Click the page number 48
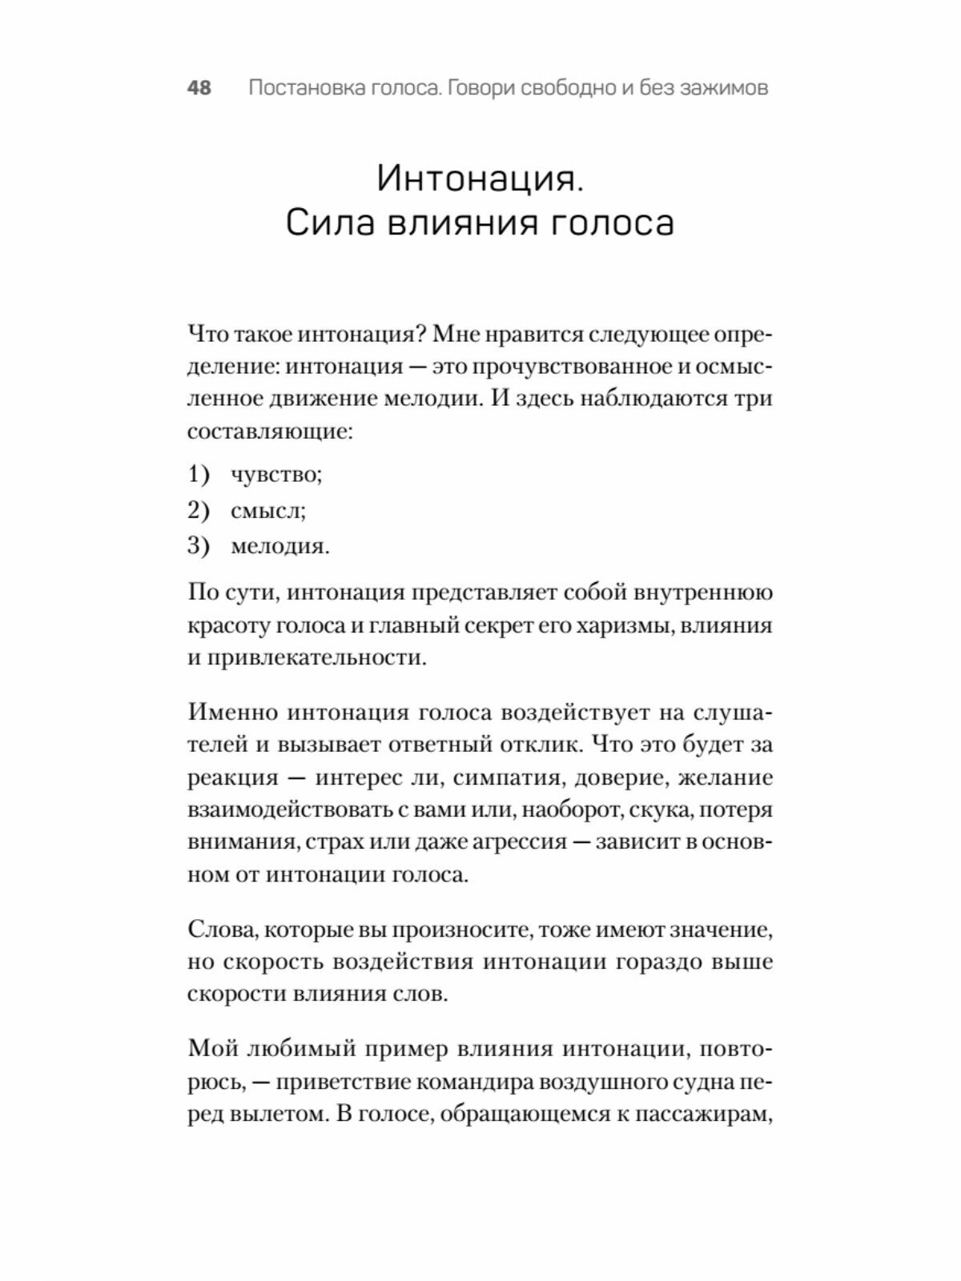[x=199, y=87]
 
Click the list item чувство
[x=276, y=475]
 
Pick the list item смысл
[x=268, y=510]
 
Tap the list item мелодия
[x=280, y=546]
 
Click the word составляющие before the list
[x=270, y=432]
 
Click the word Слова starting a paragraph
[x=220, y=930]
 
